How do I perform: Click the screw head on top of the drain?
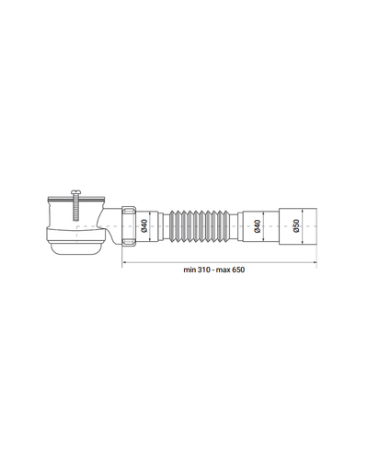(75, 192)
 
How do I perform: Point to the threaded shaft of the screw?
(75, 208)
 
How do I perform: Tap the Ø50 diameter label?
(296, 225)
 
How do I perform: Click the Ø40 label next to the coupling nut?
(144, 226)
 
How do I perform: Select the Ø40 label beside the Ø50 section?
(258, 226)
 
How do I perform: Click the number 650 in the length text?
(238, 270)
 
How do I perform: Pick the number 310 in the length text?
(203, 270)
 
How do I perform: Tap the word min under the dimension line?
(190, 270)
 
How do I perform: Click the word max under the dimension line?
(224, 270)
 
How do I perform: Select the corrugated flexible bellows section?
(200, 226)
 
